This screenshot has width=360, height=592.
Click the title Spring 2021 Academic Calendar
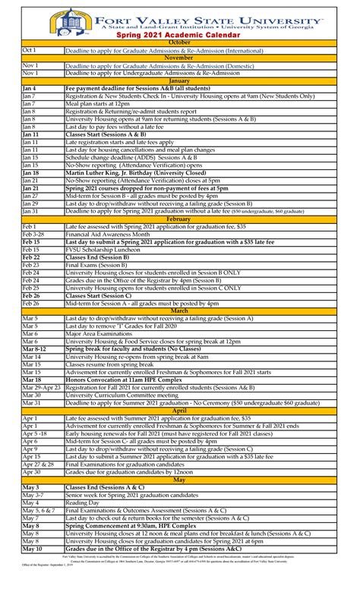[x=179, y=35]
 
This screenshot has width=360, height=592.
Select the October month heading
[x=179, y=43]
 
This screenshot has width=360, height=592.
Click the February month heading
[x=179, y=219]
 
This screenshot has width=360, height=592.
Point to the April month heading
[x=179, y=411]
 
